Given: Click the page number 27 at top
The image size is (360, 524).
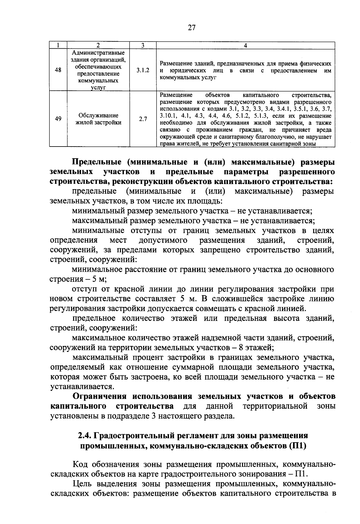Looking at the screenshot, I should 192,28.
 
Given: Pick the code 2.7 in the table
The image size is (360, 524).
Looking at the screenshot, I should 143,119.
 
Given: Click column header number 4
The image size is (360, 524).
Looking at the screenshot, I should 245,45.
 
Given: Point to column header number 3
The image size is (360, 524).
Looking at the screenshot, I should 143,45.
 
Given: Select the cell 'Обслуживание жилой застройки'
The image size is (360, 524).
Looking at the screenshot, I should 98,119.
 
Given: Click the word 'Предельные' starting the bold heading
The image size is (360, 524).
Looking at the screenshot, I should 97,162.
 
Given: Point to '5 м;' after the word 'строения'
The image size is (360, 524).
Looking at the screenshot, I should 98,279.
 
